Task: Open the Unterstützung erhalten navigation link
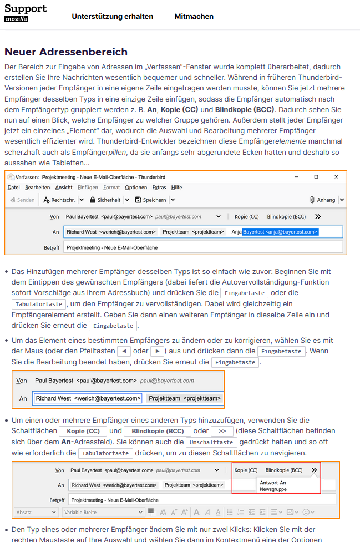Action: coord(113,17)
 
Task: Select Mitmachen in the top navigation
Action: coord(194,17)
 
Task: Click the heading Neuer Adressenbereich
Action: coord(66,52)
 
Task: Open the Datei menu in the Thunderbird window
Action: coord(14,188)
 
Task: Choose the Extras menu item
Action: coord(159,188)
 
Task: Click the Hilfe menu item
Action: coord(176,188)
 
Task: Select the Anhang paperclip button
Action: coord(322,200)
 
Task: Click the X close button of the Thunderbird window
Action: coord(336,176)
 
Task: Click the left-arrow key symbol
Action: coord(125,351)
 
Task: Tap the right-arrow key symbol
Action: coord(158,351)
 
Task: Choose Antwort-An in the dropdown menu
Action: coord(273,483)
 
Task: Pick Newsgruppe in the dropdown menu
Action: coord(273,489)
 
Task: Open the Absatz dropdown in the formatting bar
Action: coord(36,512)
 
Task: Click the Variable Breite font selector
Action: coord(103,512)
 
